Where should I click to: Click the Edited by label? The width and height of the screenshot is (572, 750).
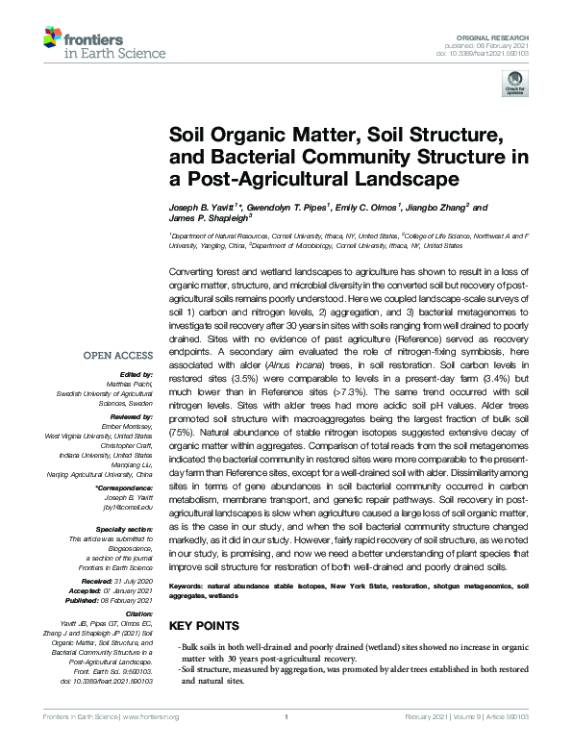click(x=136, y=374)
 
